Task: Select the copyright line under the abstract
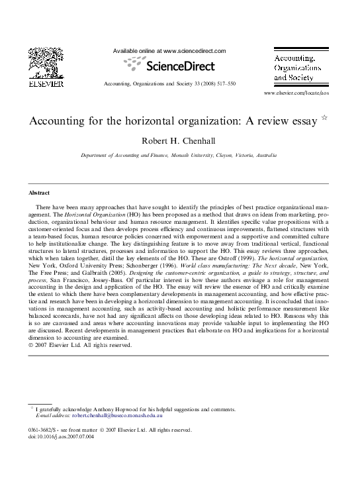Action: [x=80, y=345]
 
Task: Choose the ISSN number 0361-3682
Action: [x=44, y=430]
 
